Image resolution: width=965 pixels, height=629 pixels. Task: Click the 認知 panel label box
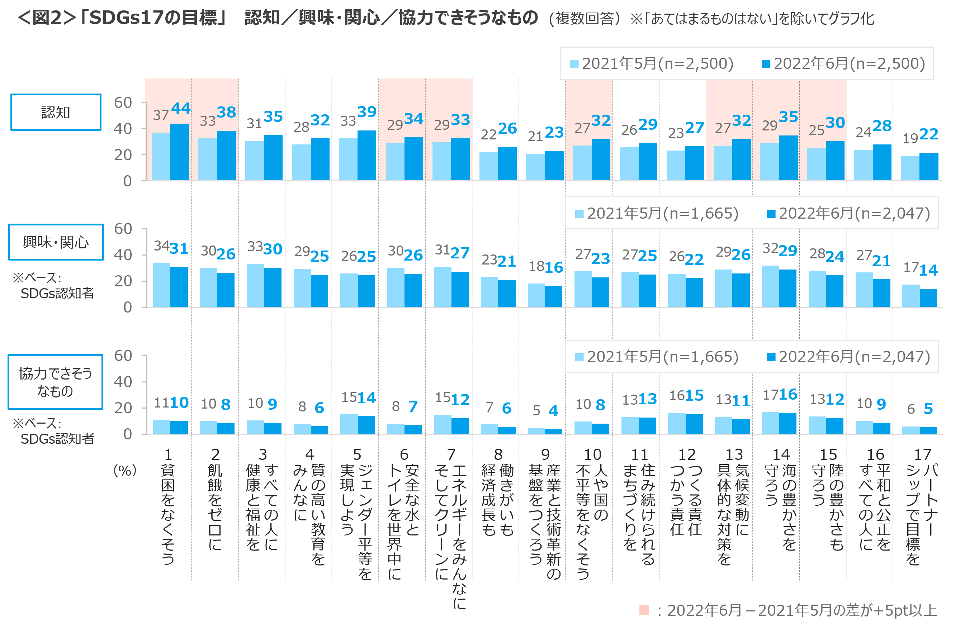pyautogui.click(x=56, y=112)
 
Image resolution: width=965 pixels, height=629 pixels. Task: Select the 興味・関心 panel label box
pyautogui.click(x=56, y=242)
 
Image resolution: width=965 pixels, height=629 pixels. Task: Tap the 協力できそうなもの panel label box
pyautogui.click(x=56, y=382)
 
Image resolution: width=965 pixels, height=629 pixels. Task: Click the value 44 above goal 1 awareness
pyautogui.click(x=180, y=108)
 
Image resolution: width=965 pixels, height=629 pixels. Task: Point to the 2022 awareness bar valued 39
pyautogui.click(x=366, y=155)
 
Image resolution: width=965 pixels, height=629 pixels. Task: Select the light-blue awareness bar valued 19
pyautogui.click(x=909, y=168)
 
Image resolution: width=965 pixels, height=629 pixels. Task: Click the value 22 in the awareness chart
pyautogui.click(x=928, y=134)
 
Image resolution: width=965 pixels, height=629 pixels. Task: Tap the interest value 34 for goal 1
pyautogui.click(x=161, y=245)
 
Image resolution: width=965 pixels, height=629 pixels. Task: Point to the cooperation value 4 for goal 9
pyautogui.click(x=553, y=410)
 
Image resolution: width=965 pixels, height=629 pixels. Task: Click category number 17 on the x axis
pyautogui.click(x=922, y=454)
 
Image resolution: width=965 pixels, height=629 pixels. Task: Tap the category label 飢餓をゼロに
pyautogui.click(x=215, y=506)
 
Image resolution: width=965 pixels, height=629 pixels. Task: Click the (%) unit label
pyautogui.click(x=125, y=471)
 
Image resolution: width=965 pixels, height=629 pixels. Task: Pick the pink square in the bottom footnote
pyautogui.click(x=644, y=610)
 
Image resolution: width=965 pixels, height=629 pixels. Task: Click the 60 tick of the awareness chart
pyautogui.click(x=123, y=103)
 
